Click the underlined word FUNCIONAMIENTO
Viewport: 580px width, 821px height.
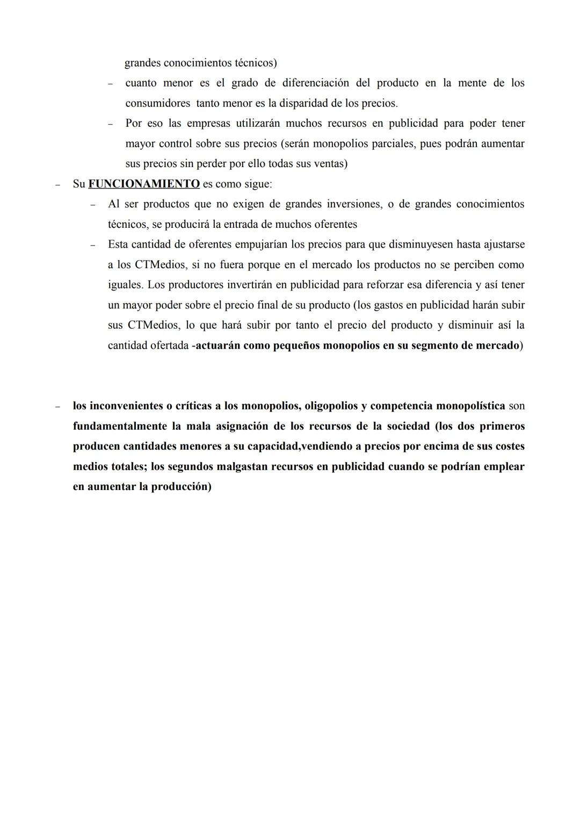[144, 184]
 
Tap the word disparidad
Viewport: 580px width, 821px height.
[307, 103]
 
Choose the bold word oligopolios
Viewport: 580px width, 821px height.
[331, 406]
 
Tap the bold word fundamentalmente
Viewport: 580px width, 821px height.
[121, 426]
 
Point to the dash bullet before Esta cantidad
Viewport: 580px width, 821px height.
[93, 244]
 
